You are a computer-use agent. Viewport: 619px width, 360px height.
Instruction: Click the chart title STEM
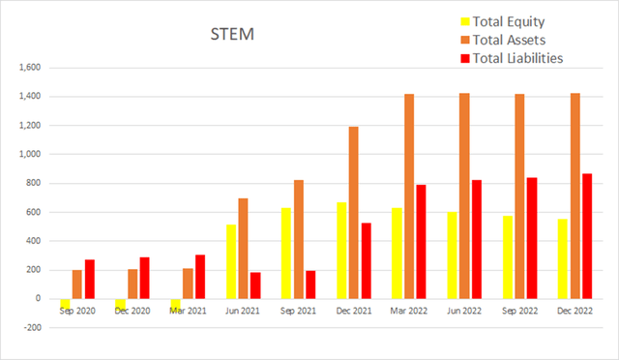coord(231,36)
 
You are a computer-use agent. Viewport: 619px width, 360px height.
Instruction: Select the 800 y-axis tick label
coord(32,183)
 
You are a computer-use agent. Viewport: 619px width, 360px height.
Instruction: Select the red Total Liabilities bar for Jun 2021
coord(255,285)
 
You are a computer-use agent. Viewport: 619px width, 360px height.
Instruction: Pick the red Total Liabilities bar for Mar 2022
coord(422,241)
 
